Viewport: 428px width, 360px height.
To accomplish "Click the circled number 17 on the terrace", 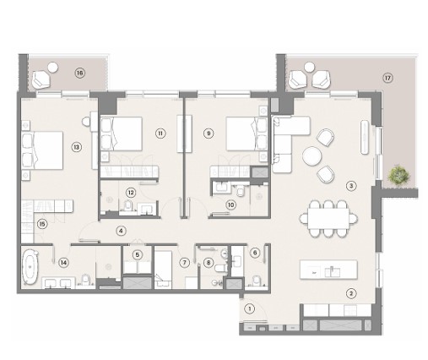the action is click(387, 78).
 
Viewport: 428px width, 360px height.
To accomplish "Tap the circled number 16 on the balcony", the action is click(80, 74).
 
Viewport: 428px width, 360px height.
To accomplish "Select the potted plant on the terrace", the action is click(398, 175).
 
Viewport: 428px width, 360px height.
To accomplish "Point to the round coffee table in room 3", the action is click(312, 155).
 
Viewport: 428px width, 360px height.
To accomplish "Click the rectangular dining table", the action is click(328, 219).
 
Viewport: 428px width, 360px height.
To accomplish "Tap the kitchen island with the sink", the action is click(328, 270).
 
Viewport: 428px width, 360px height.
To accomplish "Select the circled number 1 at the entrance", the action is click(249, 308).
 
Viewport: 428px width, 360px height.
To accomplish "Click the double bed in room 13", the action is click(42, 150).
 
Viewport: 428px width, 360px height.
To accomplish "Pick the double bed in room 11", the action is click(122, 134).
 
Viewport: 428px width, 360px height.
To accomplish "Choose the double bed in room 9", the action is click(247, 134).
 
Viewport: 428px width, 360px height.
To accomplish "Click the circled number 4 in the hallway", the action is click(121, 231).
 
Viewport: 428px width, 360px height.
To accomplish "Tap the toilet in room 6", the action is click(257, 281).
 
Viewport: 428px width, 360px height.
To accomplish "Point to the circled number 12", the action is click(131, 193).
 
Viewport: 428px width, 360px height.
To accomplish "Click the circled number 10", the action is click(230, 205).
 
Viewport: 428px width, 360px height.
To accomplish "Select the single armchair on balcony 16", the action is click(41, 79).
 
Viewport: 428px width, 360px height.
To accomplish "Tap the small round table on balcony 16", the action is click(52, 68).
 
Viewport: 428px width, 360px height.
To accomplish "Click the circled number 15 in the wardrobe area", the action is click(42, 224).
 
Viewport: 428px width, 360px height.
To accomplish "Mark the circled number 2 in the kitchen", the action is click(351, 293).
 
